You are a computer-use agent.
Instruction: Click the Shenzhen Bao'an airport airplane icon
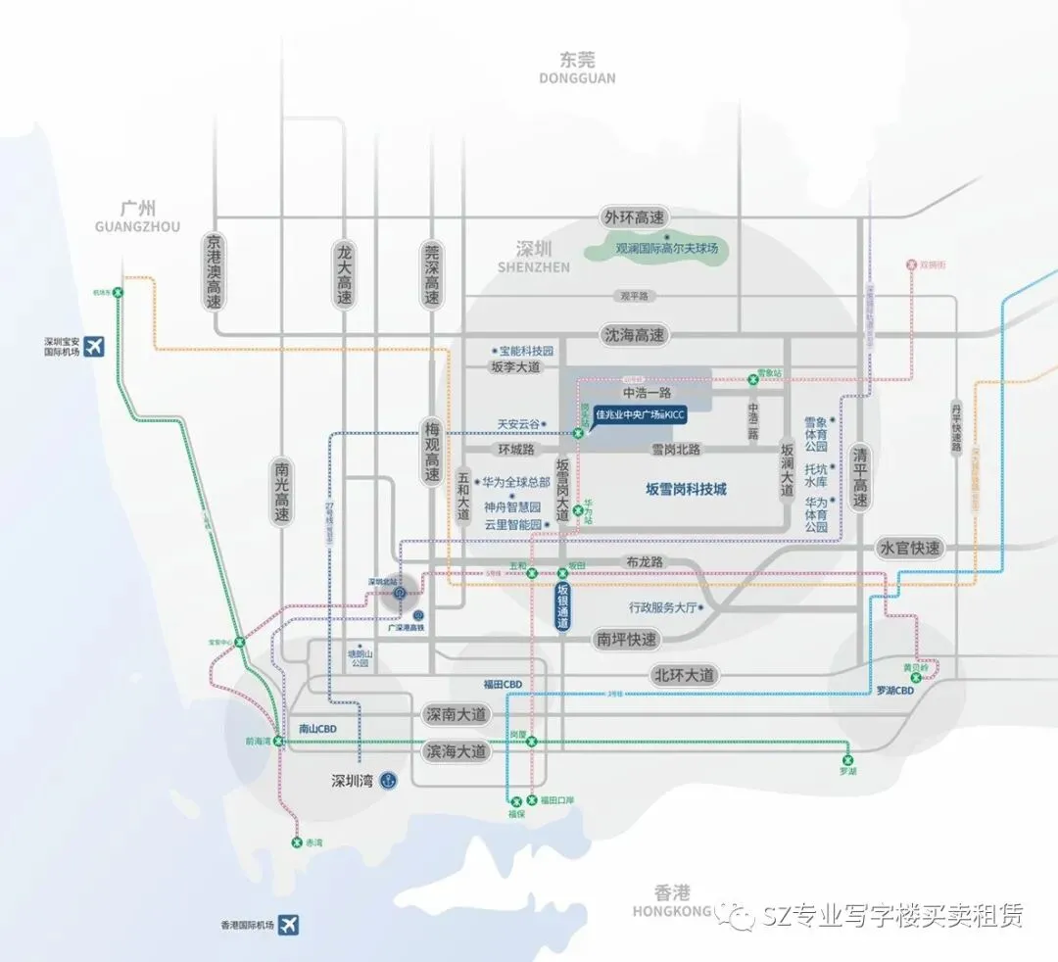tap(95, 347)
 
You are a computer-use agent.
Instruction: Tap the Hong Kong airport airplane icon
tap(289, 924)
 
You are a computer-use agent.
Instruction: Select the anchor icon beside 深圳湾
tap(389, 780)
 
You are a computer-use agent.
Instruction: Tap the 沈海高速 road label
tap(634, 335)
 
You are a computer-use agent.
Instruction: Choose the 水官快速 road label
tap(909, 549)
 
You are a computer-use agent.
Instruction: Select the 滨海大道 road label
tap(456, 752)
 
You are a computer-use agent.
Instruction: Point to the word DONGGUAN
tap(577, 78)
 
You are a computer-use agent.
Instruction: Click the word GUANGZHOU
tap(138, 226)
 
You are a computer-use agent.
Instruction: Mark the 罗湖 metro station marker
tap(848, 759)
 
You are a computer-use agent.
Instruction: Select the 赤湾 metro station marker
tap(296, 842)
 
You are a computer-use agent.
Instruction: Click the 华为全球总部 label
tap(516, 483)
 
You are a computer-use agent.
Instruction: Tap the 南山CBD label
tap(316, 729)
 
